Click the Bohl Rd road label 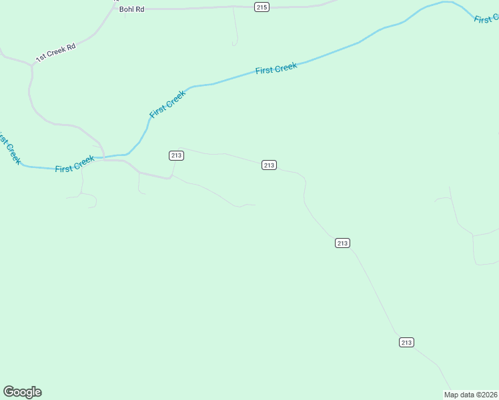tap(131, 9)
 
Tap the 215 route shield tap(262, 7)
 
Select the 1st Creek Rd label tap(56, 53)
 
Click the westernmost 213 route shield tap(176, 155)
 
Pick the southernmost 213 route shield tap(407, 342)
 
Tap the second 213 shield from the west tap(269, 165)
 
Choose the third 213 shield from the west tap(342, 243)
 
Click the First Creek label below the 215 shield tap(276, 69)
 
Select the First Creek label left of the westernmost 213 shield tap(75, 164)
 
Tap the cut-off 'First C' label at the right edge tap(486, 18)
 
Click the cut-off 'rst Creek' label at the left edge tap(9, 148)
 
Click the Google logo tap(22, 392)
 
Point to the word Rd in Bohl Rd tap(139, 9)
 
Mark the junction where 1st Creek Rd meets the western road tap(32, 65)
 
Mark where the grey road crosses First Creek tap(103, 157)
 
